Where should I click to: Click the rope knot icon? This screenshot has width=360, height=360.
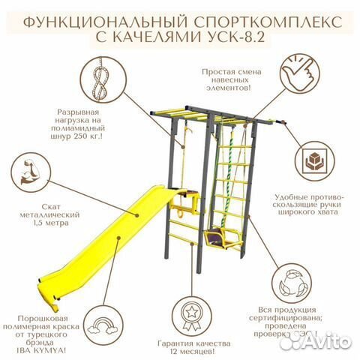click(x=97, y=79)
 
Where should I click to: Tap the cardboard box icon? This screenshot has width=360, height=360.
click(x=316, y=165)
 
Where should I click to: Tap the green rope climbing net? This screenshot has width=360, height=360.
click(x=231, y=180)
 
